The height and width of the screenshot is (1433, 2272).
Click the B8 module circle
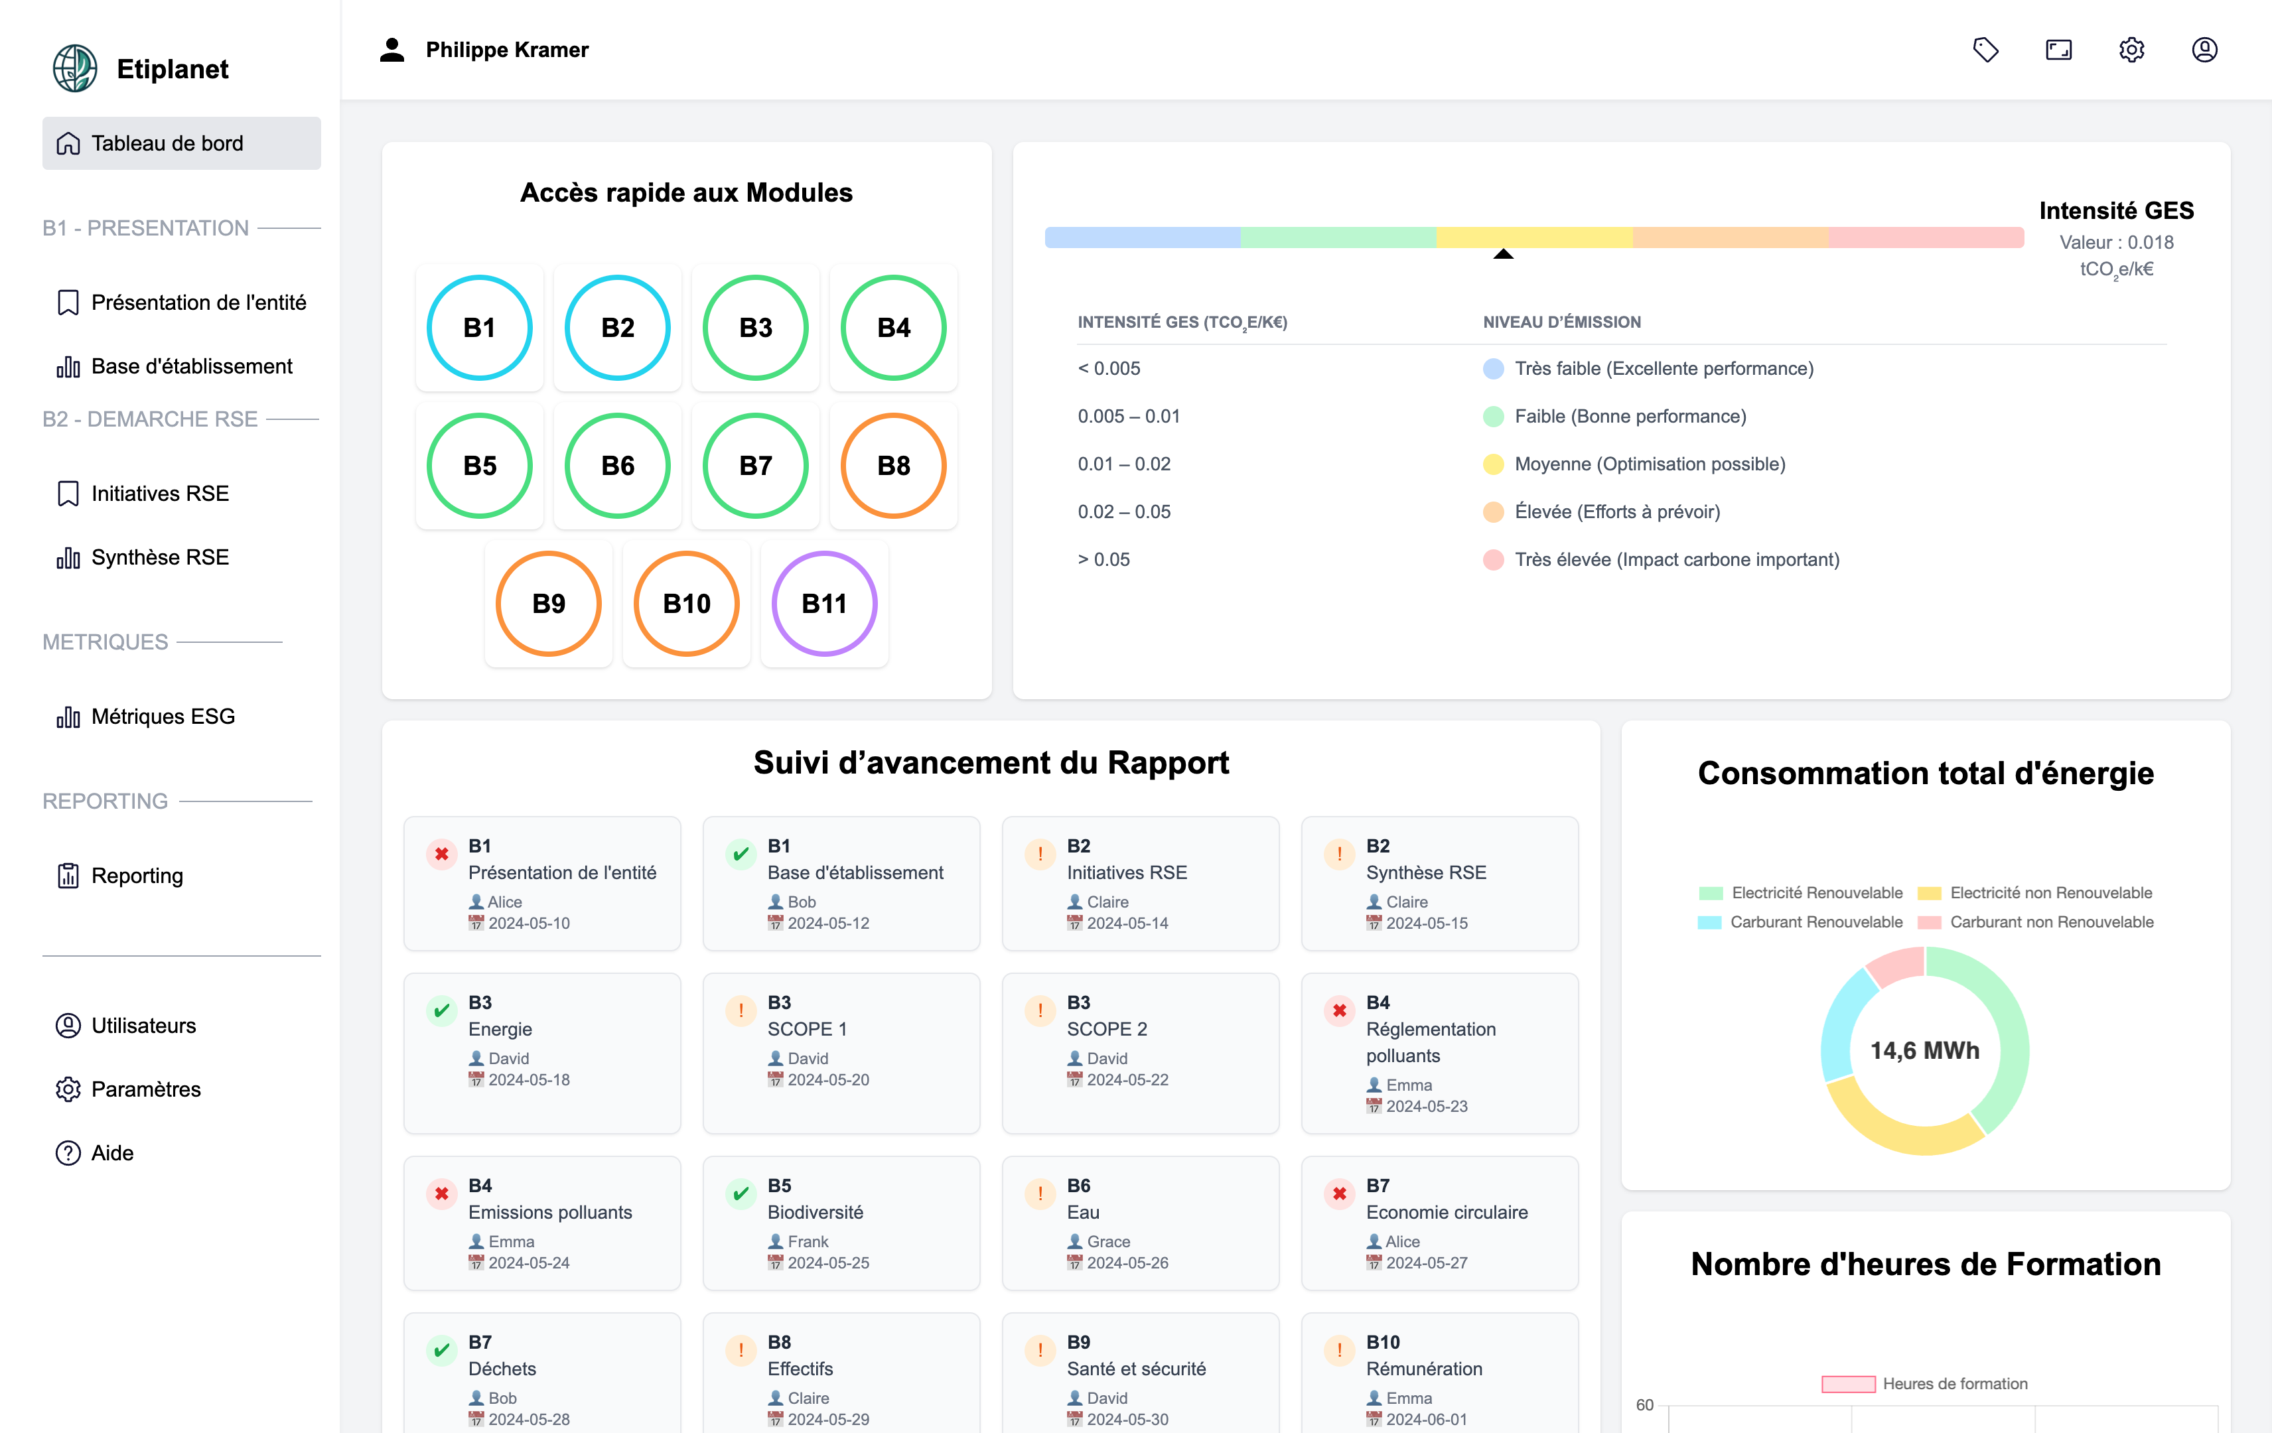[x=892, y=465]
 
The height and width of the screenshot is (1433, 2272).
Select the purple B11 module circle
[x=823, y=603]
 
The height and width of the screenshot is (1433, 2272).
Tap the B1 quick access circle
[x=479, y=327]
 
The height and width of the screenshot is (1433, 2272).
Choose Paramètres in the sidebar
[x=145, y=1089]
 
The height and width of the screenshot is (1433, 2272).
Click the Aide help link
[x=111, y=1153]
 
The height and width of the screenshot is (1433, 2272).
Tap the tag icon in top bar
[x=1985, y=50]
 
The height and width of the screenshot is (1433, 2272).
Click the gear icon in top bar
[x=2131, y=50]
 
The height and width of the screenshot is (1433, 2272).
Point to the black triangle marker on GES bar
[x=1503, y=254]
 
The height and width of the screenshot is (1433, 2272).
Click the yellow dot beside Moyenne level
[x=1492, y=464]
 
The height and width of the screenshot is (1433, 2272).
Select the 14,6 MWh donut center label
[x=1925, y=1050]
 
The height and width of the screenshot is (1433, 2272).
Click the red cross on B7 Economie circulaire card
[x=1339, y=1194]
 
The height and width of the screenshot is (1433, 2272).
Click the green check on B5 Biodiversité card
[x=741, y=1194]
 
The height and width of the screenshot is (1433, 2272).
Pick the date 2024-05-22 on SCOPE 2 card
[x=1127, y=1079]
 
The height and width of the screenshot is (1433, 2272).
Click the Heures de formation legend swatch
[x=1847, y=1384]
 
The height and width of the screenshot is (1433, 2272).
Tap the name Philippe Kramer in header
[x=507, y=50]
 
